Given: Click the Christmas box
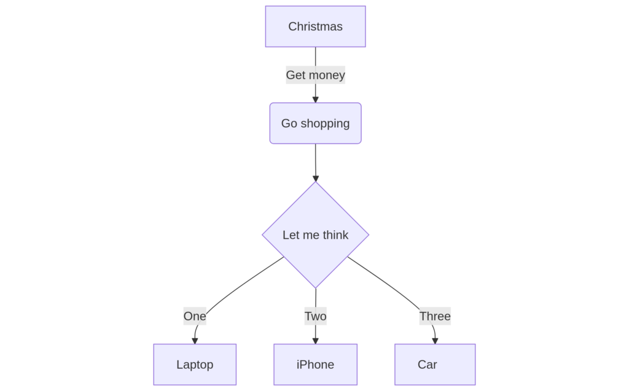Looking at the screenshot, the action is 315,26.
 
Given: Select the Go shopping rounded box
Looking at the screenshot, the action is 315,123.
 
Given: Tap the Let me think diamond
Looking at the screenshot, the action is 315,235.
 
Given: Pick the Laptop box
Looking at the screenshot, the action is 195,365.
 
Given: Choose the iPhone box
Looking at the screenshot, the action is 315,365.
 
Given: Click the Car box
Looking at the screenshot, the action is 435,365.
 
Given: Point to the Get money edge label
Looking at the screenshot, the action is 315,75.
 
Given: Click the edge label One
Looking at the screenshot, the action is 195,316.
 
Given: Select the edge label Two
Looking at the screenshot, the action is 315,316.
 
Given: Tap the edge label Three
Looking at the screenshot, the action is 435,316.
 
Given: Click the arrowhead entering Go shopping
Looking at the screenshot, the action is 315,99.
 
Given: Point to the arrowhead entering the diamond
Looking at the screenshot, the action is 316,179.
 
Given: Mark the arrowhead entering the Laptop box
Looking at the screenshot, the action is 195,341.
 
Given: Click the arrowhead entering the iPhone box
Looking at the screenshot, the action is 315,341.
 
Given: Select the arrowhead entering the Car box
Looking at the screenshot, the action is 435,341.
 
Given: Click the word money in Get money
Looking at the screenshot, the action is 327,75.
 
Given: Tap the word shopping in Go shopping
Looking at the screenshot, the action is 325,124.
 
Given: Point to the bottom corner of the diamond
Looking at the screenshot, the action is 316,288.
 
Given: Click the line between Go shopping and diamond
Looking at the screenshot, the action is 315,160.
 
